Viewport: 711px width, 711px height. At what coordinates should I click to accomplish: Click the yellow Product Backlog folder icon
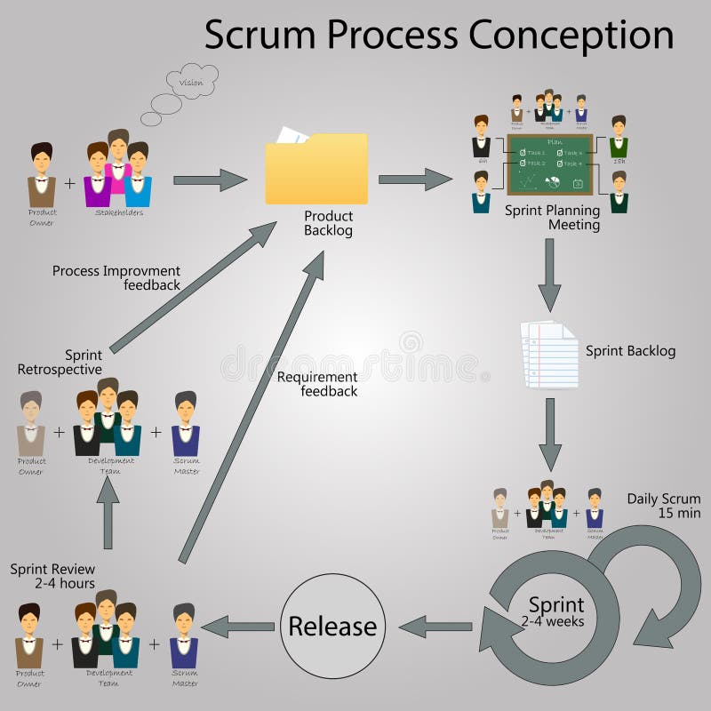click(316, 168)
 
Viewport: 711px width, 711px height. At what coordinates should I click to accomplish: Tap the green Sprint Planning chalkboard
click(549, 164)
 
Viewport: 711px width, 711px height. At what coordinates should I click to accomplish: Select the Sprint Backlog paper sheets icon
click(548, 355)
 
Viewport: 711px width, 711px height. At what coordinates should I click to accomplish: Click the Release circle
click(332, 626)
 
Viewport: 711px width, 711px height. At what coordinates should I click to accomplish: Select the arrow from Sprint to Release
click(435, 627)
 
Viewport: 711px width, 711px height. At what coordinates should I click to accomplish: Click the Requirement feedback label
click(317, 384)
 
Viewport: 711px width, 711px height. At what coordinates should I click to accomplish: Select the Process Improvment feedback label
click(116, 277)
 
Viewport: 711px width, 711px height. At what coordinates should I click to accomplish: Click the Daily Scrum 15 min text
click(664, 506)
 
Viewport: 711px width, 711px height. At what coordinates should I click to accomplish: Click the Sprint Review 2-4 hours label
click(52, 577)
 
